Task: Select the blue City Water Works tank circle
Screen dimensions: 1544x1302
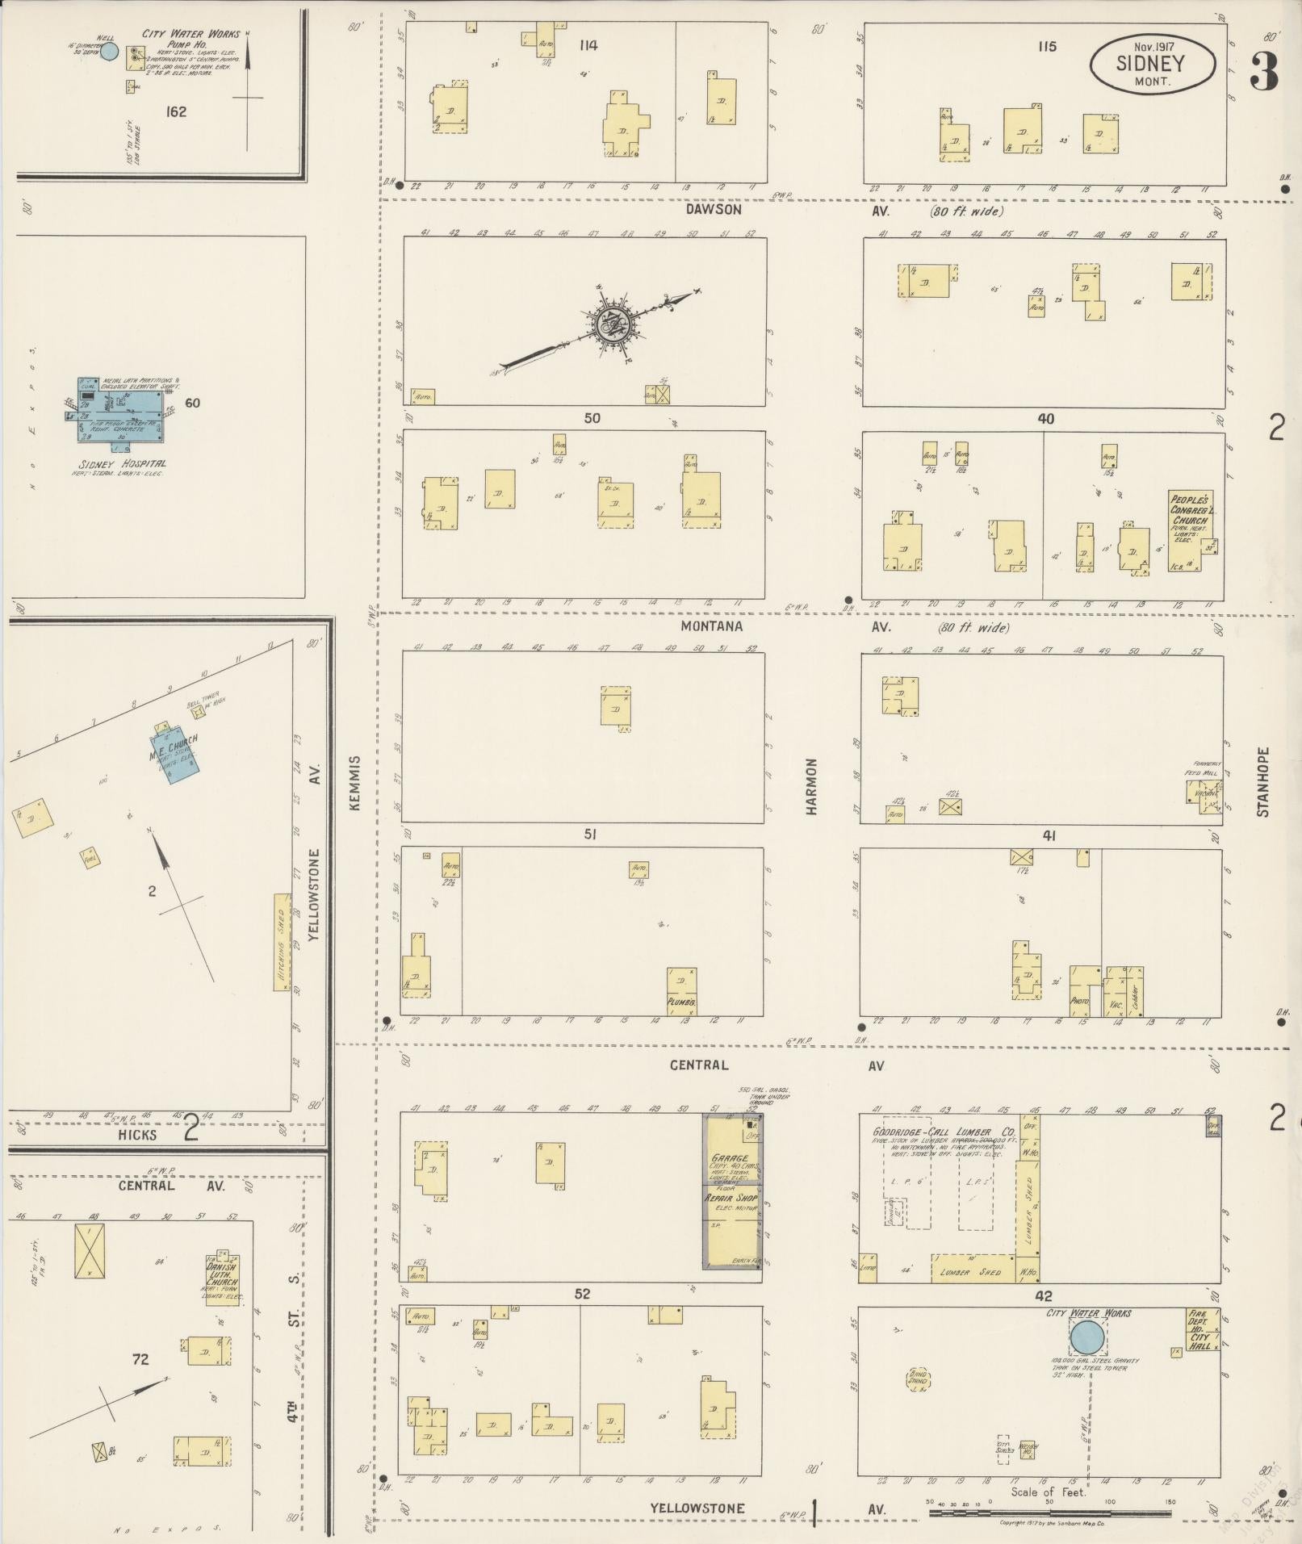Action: (x=1086, y=1337)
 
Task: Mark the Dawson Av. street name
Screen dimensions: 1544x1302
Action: (x=714, y=210)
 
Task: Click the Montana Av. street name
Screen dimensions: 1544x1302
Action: (x=711, y=626)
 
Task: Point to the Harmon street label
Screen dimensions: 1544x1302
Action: (x=811, y=785)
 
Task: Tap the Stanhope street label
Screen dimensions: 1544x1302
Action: (x=1263, y=781)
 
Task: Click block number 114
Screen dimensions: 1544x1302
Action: (x=588, y=45)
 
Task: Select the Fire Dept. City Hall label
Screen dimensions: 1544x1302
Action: (x=1199, y=1329)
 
